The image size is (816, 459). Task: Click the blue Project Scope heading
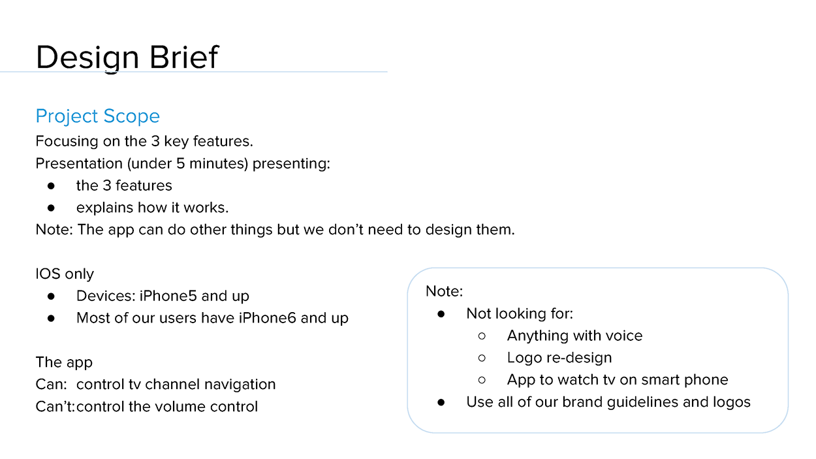(x=98, y=117)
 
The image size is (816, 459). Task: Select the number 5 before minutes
(x=181, y=163)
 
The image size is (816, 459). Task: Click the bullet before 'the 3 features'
(x=51, y=186)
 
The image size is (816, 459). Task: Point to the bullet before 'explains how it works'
(x=51, y=208)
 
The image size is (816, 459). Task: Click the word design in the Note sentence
(x=447, y=230)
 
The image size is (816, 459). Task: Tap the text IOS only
(x=65, y=274)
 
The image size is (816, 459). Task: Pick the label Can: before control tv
(x=52, y=385)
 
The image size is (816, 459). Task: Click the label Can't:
(x=55, y=407)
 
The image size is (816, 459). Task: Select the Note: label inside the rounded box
(x=445, y=291)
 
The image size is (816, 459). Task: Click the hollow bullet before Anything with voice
(x=482, y=336)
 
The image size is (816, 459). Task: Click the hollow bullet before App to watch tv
(x=482, y=380)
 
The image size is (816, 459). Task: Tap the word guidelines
(x=642, y=403)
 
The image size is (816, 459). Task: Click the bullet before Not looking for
(x=441, y=314)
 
